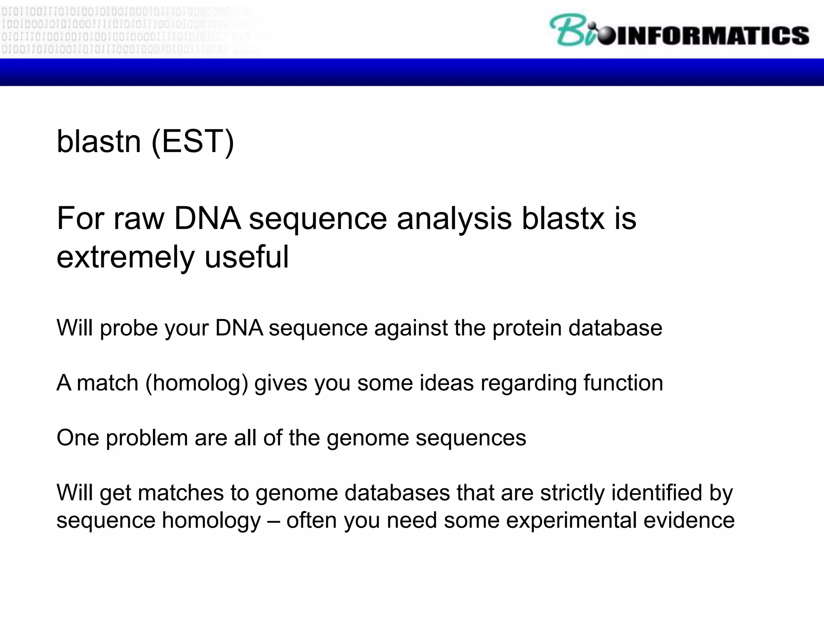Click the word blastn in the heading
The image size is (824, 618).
coord(99,142)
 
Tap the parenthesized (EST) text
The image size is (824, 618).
coord(192,142)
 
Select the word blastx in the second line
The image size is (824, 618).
coord(563,218)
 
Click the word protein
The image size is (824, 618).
coord(527,328)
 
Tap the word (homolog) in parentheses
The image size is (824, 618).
coord(196,383)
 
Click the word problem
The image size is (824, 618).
coord(146,438)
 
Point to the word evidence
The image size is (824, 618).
coord(689,520)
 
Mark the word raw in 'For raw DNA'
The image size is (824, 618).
coord(139,218)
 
